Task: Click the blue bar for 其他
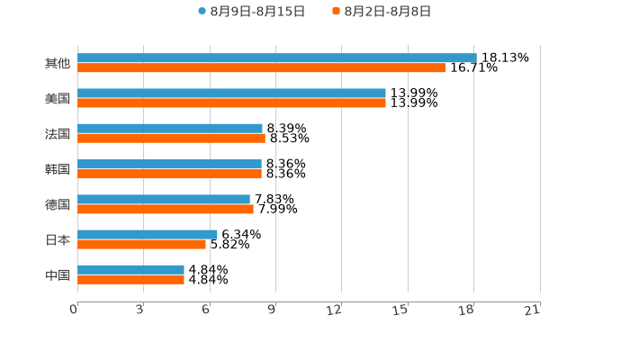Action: [x=276, y=58]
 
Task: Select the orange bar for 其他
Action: [x=261, y=67]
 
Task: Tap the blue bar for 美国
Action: [x=231, y=94]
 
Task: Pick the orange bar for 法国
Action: [x=171, y=139]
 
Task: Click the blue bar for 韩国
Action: [x=169, y=164]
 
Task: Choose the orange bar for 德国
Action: [x=165, y=210]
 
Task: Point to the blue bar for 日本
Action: [x=147, y=235]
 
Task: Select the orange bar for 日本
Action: [x=141, y=244]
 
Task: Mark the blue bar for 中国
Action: [x=130, y=270]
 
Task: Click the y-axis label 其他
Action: [x=58, y=63]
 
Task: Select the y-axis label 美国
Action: [x=58, y=98]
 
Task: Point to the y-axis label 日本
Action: [x=58, y=239]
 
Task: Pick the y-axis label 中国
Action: [x=58, y=274]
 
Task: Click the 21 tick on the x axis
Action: [x=533, y=310]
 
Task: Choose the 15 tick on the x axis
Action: [x=401, y=310]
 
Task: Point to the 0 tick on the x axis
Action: [x=75, y=310]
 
